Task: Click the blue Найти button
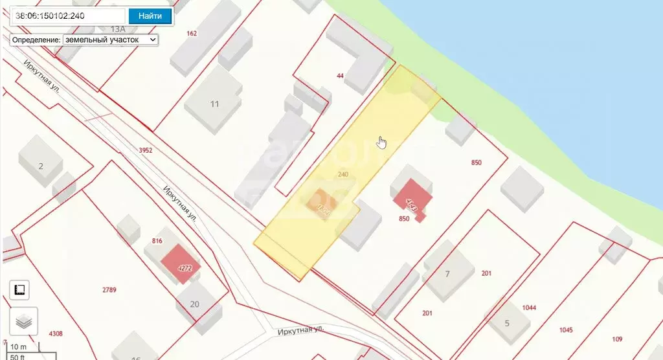pyautogui.click(x=150, y=16)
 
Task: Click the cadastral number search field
pyautogui.click(x=69, y=16)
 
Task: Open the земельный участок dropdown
pyautogui.click(x=110, y=39)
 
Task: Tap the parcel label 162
pyautogui.click(x=191, y=33)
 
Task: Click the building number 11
pyautogui.click(x=214, y=104)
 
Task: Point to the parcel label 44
pyautogui.click(x=340, y=76)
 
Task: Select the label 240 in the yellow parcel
pyautogui.click(x=343, y=174)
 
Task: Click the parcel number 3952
pyautogui.click(x=145, y=150)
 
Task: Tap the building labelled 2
pyautogui.click(x=41, y=166)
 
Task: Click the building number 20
pyautogui.click(x=195, y=304)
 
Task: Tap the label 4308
pyautogui.click(x=56, y=333)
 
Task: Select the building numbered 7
pyautogui.click(x=447, y=273)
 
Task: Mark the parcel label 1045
pyautogui.click(x=565, y=330)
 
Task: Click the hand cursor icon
pyautogui.click(x=382, y=142)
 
